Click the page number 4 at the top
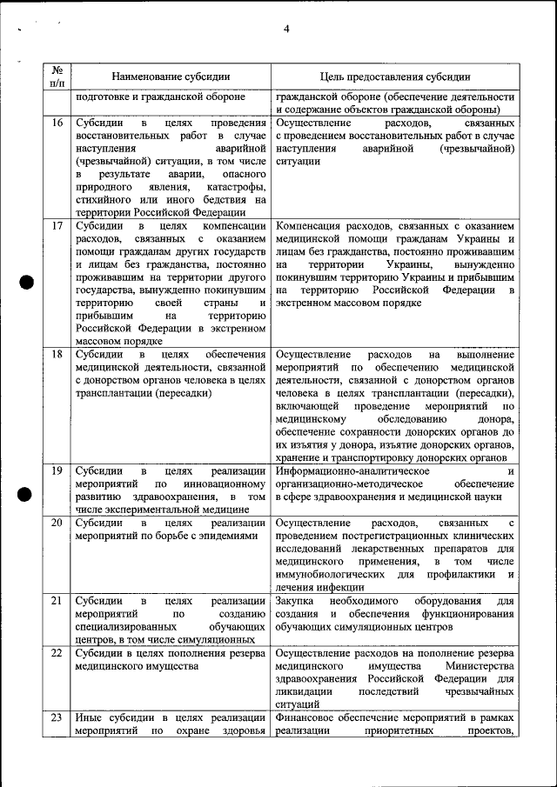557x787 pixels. [285, 30]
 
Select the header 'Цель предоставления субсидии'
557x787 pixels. [394, 77]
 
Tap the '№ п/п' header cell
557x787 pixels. [57, 77]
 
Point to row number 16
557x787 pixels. [57, 123]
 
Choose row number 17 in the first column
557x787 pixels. [57, 226]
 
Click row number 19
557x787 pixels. [57, 471]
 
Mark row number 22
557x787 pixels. [57, 652]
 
